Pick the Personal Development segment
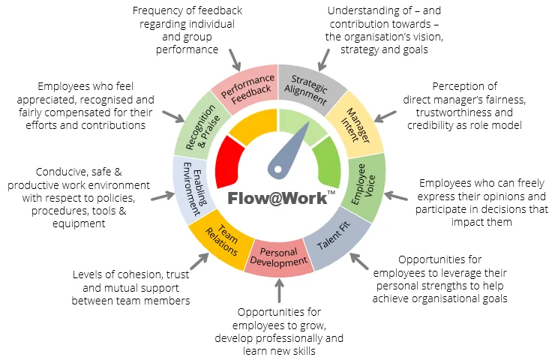click(x=279, y=258)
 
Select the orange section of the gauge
click(x=252, y=127)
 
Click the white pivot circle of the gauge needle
click(x=277, y=169)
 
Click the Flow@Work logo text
click(x=277, y=199)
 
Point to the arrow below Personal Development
click(x=278, y=289)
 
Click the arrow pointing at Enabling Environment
click(x=158, y=197)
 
